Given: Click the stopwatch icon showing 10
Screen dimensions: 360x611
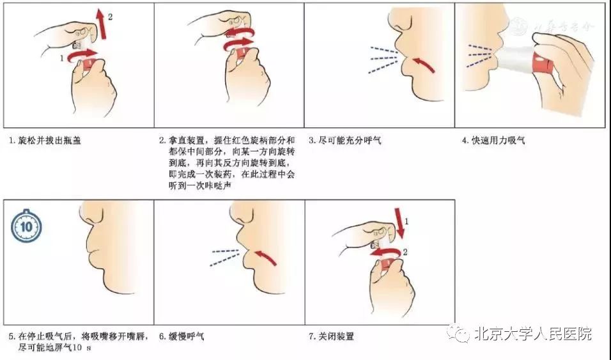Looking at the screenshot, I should click(x=26, y=226).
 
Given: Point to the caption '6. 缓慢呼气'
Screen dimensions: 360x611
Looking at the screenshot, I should click(x=182, y=336).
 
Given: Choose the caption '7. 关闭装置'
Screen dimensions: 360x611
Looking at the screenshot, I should click(x=332, y=336).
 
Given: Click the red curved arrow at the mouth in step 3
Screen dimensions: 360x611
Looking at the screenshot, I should click(x=419, y=63).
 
